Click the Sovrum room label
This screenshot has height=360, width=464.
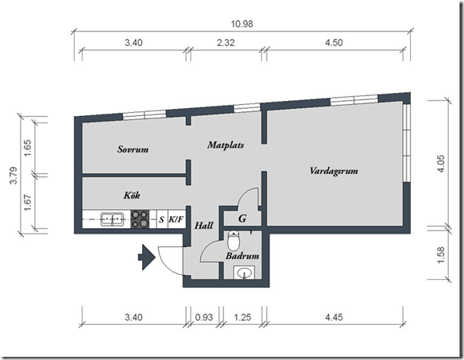pos(133,149)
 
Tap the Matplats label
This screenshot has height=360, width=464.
pos(226,145)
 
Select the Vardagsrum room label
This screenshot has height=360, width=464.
pos(334,171)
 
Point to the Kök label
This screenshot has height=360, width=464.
pos(132,195)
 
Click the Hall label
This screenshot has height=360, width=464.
pos(204,226)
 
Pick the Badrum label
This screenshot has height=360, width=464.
pos(242,256)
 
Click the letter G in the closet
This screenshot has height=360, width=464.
pos(242,219)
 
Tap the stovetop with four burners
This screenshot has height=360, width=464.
pos(140,219)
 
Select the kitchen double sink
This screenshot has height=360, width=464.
pos(112,219)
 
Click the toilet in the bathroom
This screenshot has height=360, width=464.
pos(234,240)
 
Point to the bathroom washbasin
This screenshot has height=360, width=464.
pos(244,273)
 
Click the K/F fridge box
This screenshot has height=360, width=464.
pos(176,219)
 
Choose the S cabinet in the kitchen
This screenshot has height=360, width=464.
pos(161,219)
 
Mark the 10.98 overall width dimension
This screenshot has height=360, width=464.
pos(242,24)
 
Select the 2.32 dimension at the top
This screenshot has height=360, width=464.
pos(226,43)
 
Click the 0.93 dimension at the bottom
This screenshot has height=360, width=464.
pos(204,317)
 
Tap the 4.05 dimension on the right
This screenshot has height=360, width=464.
pos(441,164)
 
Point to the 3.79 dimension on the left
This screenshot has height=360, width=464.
pos(14,176)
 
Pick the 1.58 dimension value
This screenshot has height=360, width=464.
pos(441,255)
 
